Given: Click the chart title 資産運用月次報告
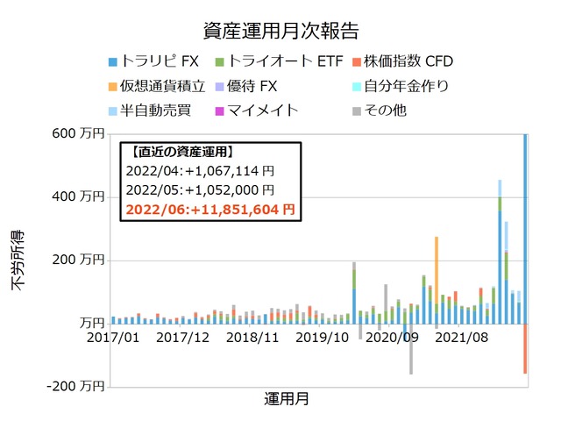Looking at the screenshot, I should click(x=280, y=33).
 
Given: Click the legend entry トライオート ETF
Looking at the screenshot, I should click(x=267, y=62).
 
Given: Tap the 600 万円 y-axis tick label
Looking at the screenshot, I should click(x=78, y=134).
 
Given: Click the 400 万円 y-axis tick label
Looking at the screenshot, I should click(x=78, y=197).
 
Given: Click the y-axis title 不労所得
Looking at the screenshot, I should click(x=18, y=260).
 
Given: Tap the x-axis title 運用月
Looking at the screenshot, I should click(x=286, y=399).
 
